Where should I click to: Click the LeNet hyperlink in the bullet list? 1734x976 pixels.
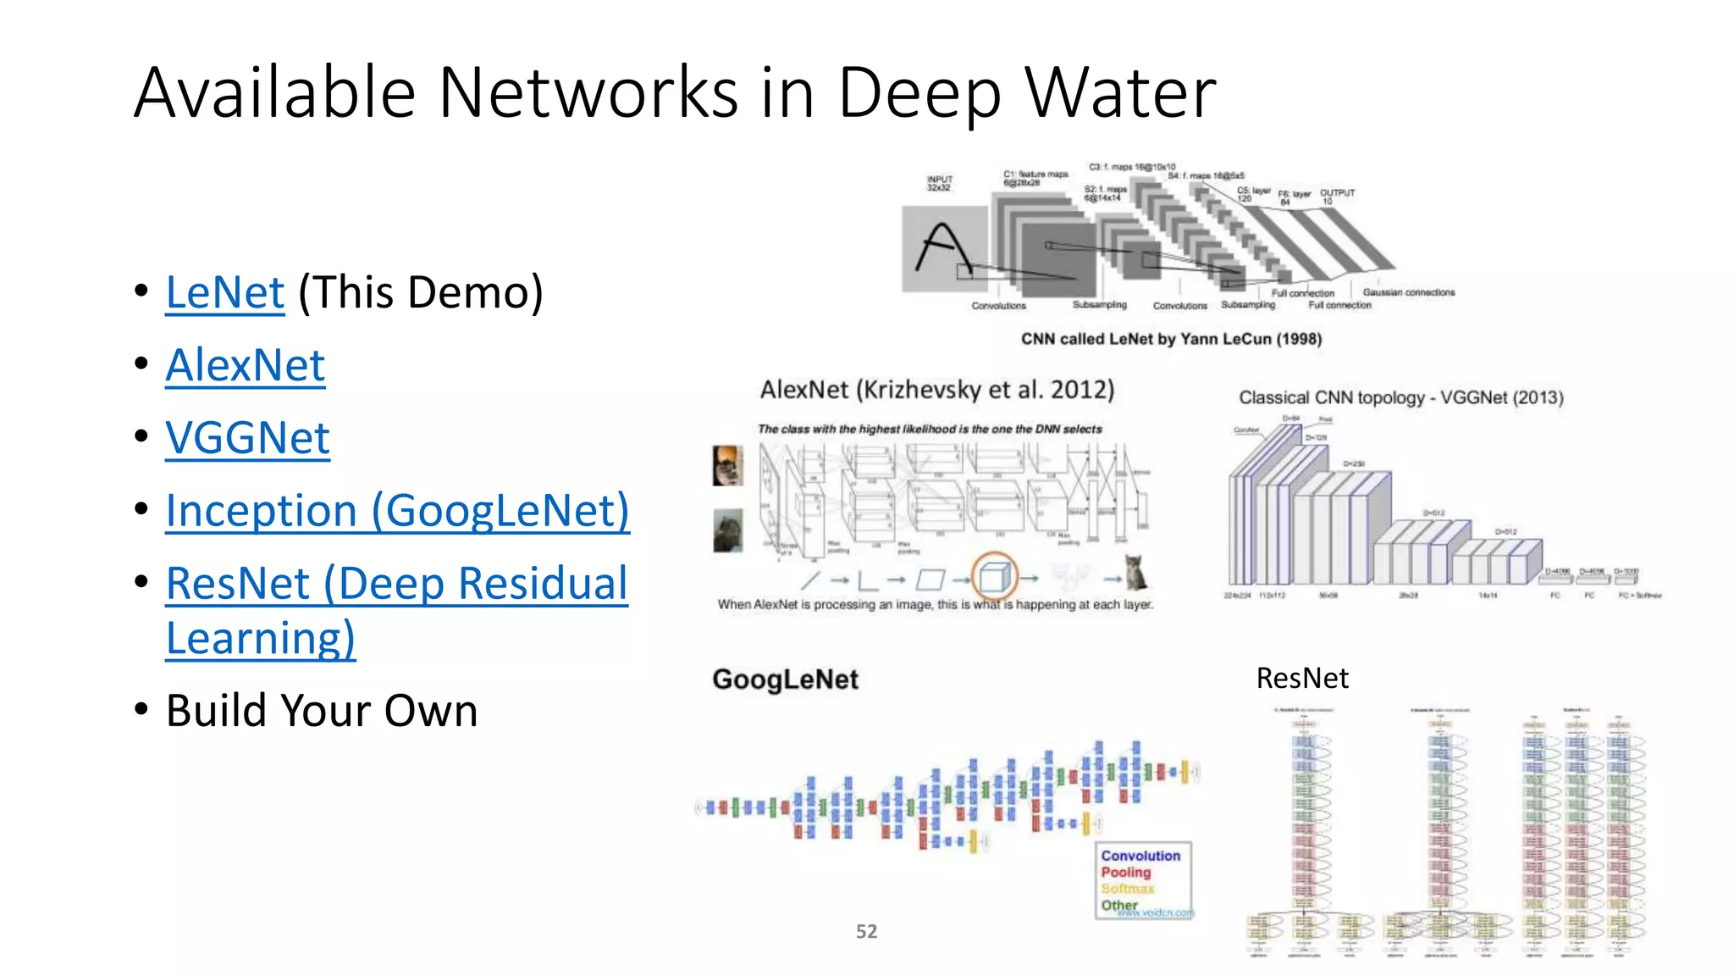coord(224,293)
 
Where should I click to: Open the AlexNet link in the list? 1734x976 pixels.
coord(245,366)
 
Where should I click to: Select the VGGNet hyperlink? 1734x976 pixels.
coord(247,438)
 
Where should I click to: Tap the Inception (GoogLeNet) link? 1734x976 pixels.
coord(397,511)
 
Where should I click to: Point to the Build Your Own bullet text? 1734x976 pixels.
coord(322,711)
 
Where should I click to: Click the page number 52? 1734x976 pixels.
coord(866,932)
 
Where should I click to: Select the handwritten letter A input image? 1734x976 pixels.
coord(944,249)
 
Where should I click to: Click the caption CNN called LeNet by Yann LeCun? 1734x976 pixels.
coord(1171,339)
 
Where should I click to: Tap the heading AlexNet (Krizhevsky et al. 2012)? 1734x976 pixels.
coord(936,390)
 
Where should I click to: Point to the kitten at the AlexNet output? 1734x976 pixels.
coord(1135,573)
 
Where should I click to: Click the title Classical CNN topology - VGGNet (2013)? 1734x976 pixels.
coord(1400,397)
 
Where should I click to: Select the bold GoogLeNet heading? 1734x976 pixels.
coord(785,679)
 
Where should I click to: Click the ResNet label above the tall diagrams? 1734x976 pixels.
coord(1301,679)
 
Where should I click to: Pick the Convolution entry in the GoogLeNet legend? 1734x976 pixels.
coord(1140,857)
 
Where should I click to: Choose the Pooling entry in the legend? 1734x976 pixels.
coord(1125,873)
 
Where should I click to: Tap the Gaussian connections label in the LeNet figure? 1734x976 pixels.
coord(1408,292)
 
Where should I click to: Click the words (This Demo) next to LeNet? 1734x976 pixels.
coord(421,293)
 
